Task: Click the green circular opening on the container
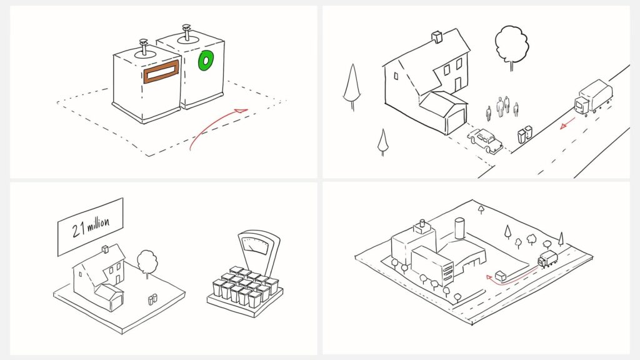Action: (205, 61)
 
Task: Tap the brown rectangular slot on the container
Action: (161, 72)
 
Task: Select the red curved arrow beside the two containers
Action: (216, 126)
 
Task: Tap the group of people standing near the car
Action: (502, 107)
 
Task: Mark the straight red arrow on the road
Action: (567, 125)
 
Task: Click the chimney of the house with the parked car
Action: (436, 37)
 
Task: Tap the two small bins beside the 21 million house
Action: (152, 299)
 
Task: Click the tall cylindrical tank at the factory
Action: (460, 229)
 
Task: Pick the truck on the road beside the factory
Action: (547, 259)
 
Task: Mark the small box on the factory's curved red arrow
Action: (501, 276)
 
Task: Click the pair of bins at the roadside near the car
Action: (525, 134)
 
